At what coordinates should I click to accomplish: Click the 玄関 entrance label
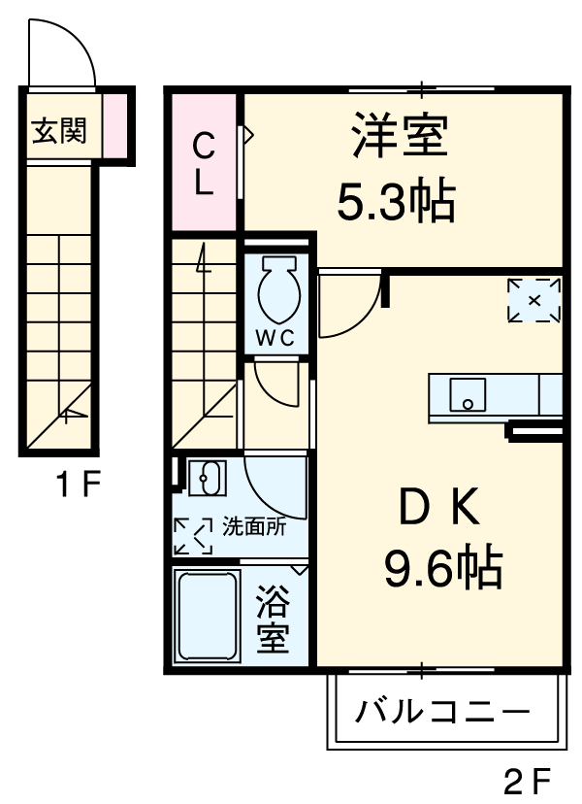click(x=59, y=130)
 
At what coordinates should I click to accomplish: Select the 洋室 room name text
click(x=400, y=136)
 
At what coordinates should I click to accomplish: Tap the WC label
click(x=275, y=338)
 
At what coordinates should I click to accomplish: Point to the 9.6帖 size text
click(x=441, y=567)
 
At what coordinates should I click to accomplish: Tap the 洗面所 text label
click(x=255, y=528)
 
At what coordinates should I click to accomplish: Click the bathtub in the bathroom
click(x=206, y=616)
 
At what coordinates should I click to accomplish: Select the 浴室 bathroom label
click(x=273, y=621)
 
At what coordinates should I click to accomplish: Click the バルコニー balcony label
click(x=443, y=713)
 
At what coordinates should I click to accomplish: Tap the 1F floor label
click(x=76, y=486)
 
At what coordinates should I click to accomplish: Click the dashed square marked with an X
click(x=535, y=300)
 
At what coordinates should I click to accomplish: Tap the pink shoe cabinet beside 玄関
click(x=114, y=126)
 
